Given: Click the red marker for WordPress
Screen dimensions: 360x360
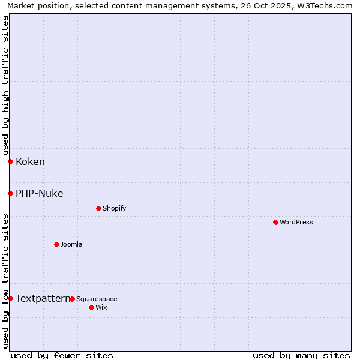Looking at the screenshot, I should coord(275,222).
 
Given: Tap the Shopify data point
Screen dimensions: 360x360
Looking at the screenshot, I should coord(98,208).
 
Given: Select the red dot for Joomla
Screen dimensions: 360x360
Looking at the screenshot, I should coord(56,244).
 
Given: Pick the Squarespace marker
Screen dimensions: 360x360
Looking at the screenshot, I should coord(72,299).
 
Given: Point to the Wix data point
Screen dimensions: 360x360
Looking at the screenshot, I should coord(91,307).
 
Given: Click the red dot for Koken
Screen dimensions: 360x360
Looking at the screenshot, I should coord(10,161).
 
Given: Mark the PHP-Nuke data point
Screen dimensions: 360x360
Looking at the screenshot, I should coord(10,193).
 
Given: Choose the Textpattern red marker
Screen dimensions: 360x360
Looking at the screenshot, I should coord(10,298).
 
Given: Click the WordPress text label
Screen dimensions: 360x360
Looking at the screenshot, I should coord(296,222).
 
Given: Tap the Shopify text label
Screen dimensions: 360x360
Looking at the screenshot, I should coord(114,208).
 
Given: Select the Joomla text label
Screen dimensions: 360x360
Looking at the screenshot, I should coord(71,244).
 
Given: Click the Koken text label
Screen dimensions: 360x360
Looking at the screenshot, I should coord(30,161).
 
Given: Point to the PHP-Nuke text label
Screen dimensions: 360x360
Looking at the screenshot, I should coord(39,193).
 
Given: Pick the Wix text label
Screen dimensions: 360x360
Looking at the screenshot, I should coord(101,307).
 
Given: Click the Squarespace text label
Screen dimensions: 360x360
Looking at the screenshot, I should coord(97,299).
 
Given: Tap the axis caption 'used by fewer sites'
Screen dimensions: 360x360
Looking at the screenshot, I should coord(62,355).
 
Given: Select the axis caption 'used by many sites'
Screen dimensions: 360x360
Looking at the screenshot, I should coord(301,355).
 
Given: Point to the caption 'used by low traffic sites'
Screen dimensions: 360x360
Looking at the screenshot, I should coord(5,280).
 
